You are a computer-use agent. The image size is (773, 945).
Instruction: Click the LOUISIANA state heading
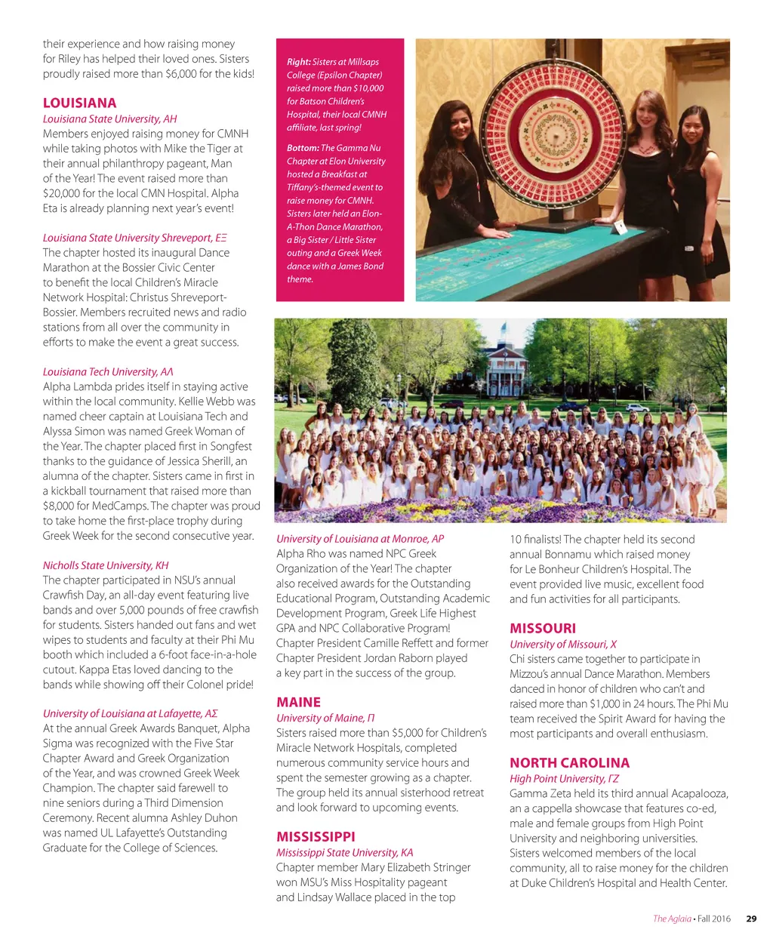[79, 103]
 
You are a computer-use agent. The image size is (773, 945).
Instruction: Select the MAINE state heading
[298, 702]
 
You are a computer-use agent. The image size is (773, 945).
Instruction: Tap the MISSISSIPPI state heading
[316, 836]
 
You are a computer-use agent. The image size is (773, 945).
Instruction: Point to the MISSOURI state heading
[542, 628]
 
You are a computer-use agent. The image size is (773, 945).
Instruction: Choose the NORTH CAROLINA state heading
[569, 762]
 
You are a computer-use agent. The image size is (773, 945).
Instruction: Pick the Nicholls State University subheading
[106, 565]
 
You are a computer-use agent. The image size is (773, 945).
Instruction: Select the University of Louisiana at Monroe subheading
[359, 539]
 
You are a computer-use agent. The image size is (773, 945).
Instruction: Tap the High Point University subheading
[564, 778]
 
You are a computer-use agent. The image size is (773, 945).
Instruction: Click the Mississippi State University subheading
[344, 852]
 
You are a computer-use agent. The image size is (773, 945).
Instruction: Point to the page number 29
[751, 919]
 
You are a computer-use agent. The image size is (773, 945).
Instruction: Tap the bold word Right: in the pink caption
[299, 62]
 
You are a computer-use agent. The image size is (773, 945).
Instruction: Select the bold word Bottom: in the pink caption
[303, 148]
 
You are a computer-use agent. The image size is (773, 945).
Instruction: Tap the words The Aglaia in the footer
[672, 919]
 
